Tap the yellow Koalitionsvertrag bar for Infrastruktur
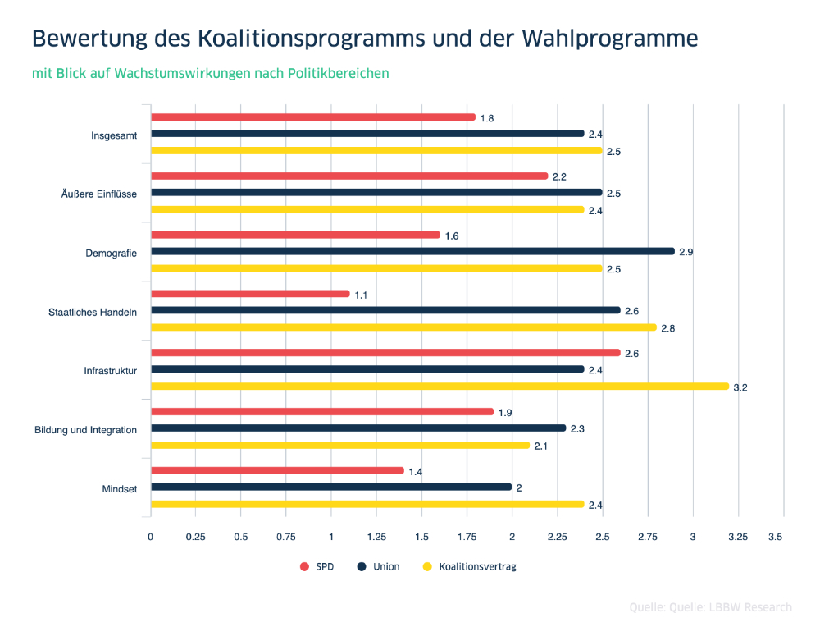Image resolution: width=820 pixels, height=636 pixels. click(440, 386)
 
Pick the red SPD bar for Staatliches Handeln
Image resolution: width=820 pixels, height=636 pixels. click(250, 294)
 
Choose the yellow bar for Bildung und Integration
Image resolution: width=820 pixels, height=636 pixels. click(340, 445)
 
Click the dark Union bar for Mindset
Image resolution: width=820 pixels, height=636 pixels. click(331, 487)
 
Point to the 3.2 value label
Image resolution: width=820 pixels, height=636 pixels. click(740, 387)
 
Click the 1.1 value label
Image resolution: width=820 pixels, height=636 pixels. click(361, 295)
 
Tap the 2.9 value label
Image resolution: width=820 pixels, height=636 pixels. click(686, 252)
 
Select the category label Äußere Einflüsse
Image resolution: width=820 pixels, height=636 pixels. click(98, 194)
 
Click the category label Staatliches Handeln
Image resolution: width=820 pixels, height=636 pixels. click(93, 312)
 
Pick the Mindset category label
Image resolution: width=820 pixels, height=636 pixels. click(119, 489)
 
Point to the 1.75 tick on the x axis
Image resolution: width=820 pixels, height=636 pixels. click(467, 537)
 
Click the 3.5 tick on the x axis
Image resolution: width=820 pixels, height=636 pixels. click(775, 537)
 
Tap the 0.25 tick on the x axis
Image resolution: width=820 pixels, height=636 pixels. click(195, 537)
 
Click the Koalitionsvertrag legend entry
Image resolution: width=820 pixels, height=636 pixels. click(469, 567)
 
